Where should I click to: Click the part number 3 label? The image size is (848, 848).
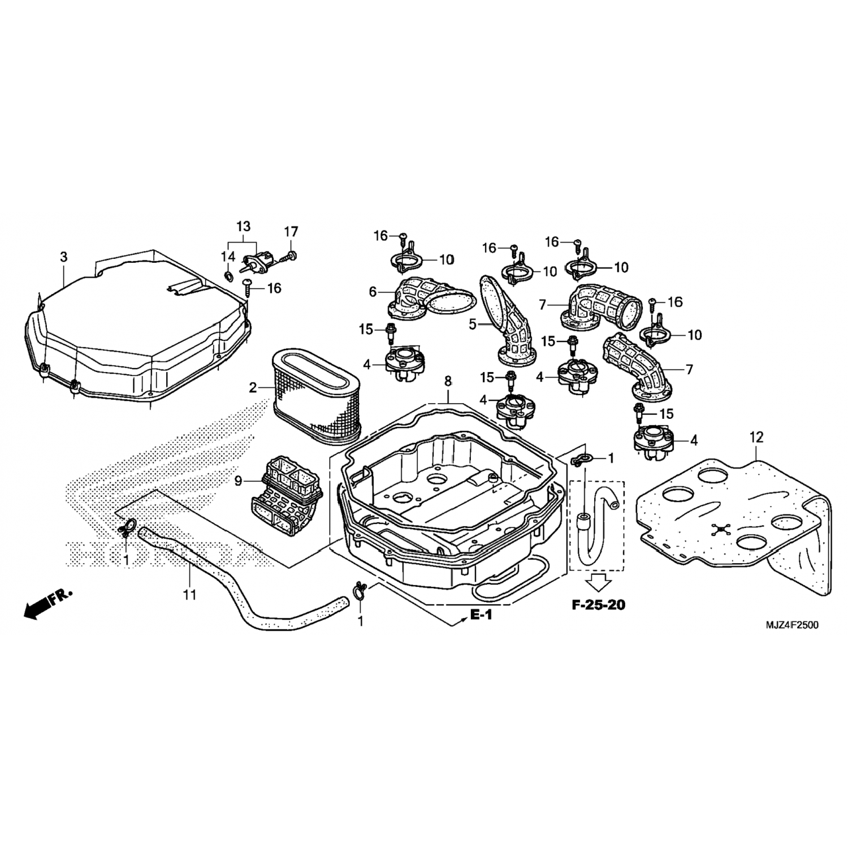pos(64,257)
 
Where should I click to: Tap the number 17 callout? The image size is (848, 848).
pos(291,232)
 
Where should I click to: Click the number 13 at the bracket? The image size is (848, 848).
pos(243,227)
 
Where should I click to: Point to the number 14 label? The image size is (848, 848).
pos(228,257)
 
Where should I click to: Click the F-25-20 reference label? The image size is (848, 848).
pos(599,605)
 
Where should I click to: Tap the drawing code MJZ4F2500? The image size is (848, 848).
pos(791,625)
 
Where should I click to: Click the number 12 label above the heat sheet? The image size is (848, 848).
pos(756,437)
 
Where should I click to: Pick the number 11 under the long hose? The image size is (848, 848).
pos(190,594)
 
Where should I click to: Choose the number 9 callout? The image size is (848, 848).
pos(238,481)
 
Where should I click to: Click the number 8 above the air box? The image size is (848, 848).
pos(448,382)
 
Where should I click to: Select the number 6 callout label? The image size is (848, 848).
pos(373,292)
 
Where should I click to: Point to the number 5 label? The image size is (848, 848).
pos(473,325)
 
